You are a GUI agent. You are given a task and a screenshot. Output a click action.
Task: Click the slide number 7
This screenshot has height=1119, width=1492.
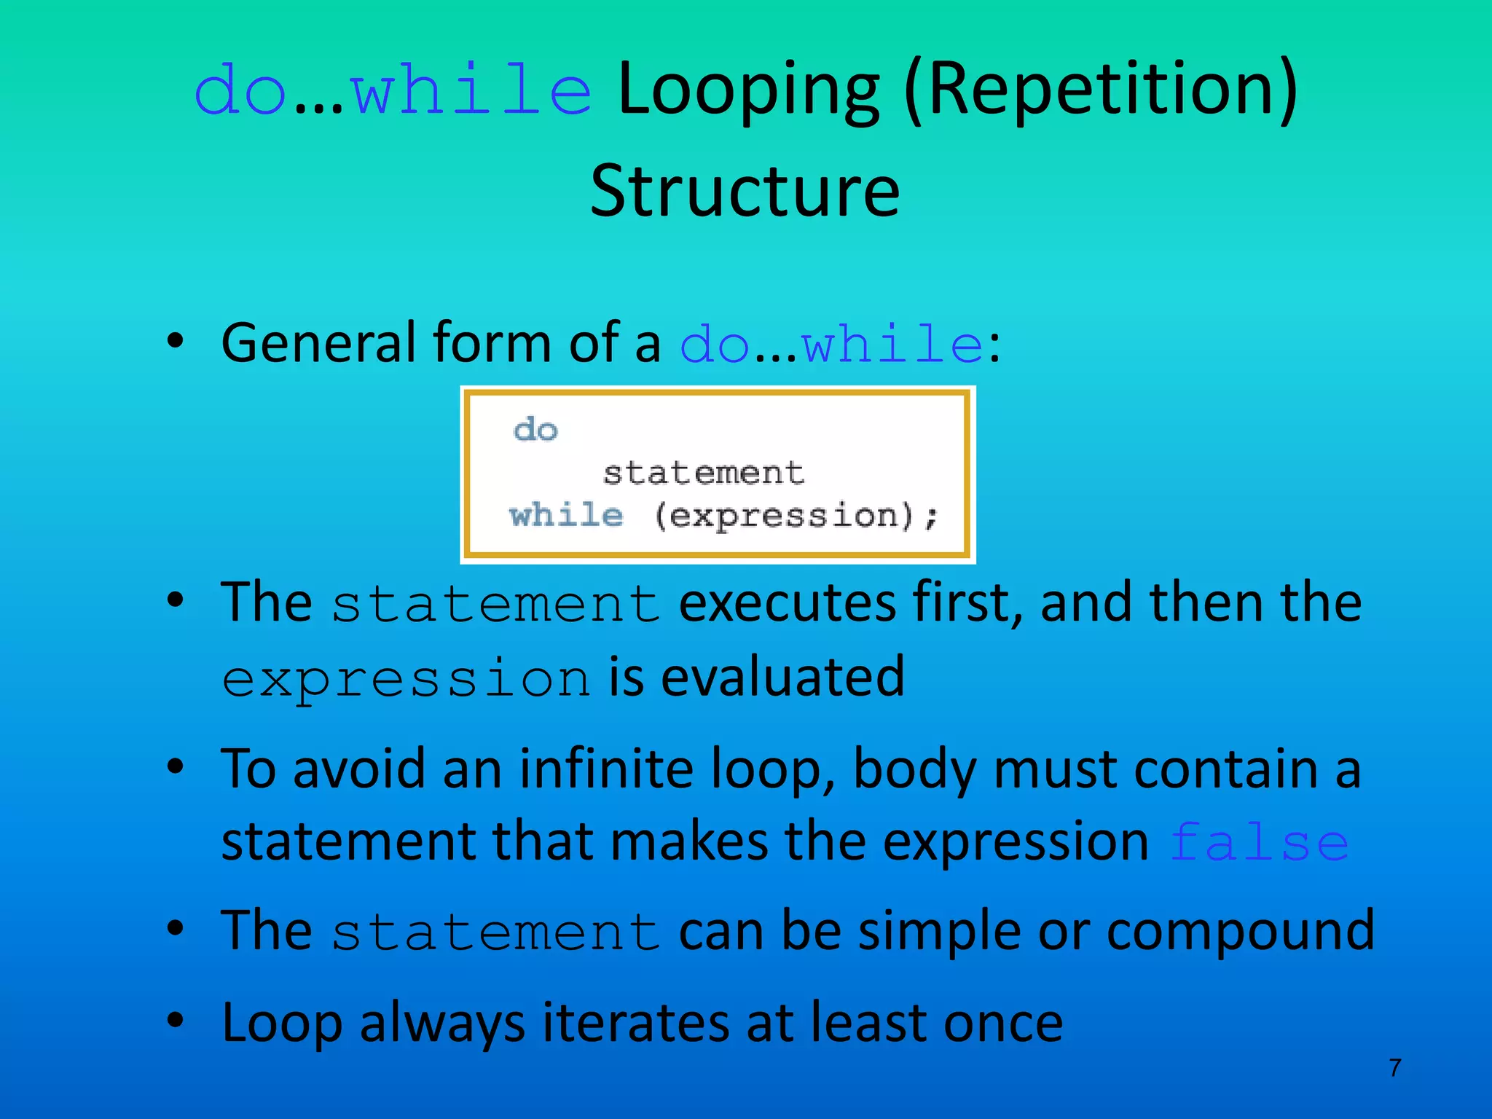point(1394,1068)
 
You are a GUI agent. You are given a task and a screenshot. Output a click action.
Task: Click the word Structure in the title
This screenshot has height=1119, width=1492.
point(745,191)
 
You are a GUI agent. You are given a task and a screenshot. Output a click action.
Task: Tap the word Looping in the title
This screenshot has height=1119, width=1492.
point(748,91)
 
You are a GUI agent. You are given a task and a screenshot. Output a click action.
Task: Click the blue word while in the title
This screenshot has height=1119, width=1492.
point(471,91)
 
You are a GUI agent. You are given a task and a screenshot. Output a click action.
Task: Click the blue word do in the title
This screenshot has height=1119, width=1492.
point(240,92)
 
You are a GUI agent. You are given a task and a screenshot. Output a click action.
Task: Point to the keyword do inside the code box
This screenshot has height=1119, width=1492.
point(535,430)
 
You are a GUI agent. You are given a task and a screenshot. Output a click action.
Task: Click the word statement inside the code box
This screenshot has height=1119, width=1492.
point(703,474)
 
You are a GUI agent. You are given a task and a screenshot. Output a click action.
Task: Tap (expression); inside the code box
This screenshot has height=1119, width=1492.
point(796,517)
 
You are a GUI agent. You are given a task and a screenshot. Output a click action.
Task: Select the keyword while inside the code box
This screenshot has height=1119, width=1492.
point(566,516)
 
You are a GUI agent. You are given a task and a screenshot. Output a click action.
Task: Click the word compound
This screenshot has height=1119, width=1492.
point(1239,932)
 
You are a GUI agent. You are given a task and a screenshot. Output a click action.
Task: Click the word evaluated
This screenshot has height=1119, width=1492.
point(782,678)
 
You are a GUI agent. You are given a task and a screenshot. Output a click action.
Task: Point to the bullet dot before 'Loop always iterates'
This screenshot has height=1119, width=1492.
point(175,1020)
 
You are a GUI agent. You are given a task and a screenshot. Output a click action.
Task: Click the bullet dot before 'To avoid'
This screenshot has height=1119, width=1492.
point(175,766)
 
